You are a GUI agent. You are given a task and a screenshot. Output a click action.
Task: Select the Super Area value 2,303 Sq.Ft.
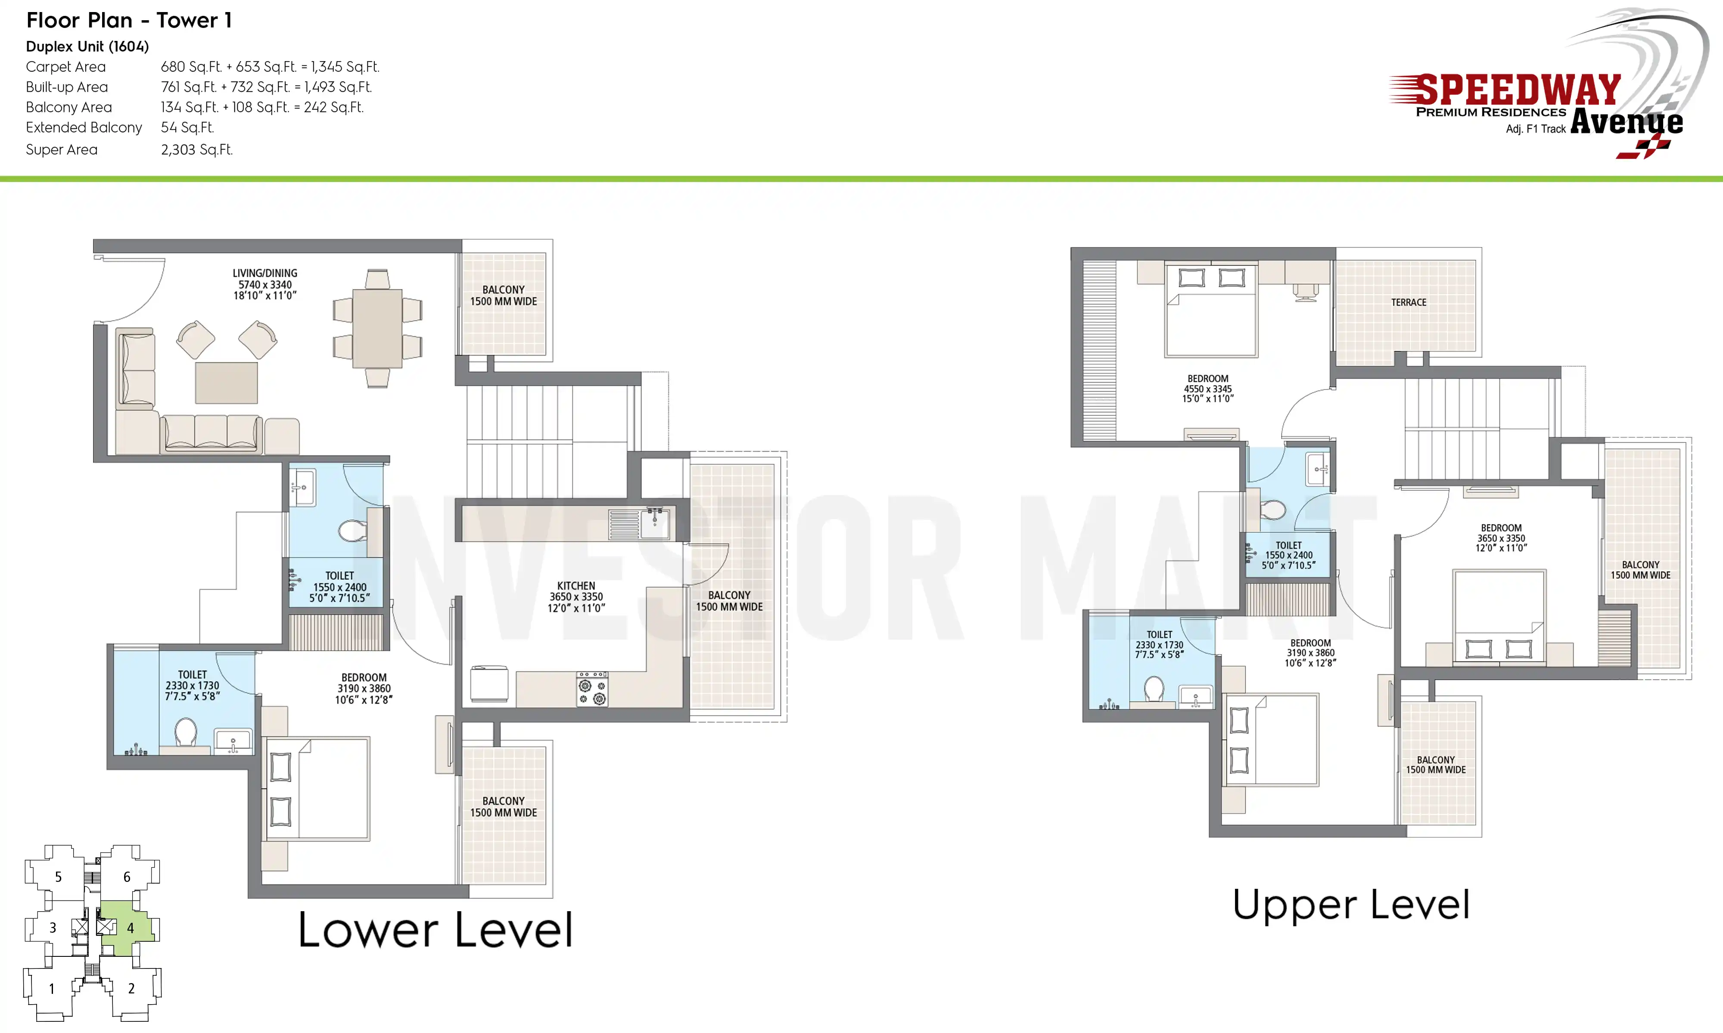tap(197, 150)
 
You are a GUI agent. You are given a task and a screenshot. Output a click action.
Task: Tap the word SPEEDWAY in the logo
tap(1519, 90)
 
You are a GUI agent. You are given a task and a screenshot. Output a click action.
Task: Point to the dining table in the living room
tap(377, 328)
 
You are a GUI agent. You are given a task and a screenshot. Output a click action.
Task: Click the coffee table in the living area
tap(226, 383)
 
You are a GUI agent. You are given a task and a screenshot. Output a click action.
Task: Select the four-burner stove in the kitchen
tap(592, 689)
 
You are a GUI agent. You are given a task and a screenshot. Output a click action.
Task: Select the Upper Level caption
tap(1351, 905)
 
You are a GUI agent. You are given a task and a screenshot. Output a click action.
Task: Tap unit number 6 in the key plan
tap(127, 877)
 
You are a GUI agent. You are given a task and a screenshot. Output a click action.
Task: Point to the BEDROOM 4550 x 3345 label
tap(1208, 388)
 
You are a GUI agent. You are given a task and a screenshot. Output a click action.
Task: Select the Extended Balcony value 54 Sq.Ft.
tap(187, 127)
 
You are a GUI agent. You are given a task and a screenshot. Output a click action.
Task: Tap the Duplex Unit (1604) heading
tap(87, 46)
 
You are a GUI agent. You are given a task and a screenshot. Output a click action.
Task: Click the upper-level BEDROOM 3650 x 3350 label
tap(1501, 538)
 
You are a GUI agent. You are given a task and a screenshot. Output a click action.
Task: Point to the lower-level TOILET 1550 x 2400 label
tap(339, 587)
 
